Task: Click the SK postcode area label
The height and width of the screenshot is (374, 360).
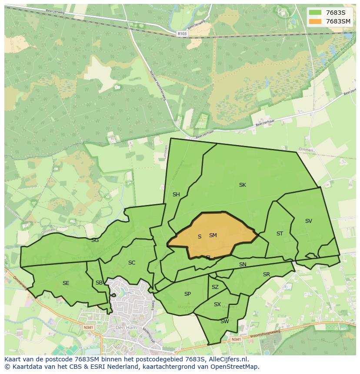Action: point(243,185)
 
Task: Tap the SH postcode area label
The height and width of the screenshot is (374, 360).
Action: point(176,195)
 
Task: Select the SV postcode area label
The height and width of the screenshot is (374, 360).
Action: point(309,221)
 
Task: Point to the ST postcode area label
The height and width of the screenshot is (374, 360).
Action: point(280,234)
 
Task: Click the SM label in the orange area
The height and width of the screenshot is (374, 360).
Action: point(213,235)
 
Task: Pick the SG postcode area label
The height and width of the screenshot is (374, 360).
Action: point(95,240)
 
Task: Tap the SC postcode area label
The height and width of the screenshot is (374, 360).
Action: point(132,263)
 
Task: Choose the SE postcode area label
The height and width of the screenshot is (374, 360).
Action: point(66,283)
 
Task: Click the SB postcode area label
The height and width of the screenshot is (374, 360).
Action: point(99,283)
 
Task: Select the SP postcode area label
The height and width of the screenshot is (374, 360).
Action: point(187,294)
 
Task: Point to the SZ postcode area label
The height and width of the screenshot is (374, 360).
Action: point(215,287)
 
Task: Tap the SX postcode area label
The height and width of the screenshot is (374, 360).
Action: point(217,304)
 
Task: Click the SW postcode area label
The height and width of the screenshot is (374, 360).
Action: point(224,321)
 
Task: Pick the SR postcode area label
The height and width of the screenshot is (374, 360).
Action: point(267,275)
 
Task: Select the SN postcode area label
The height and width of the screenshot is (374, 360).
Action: point(243,265)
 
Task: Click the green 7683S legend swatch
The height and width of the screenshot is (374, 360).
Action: point(315,13)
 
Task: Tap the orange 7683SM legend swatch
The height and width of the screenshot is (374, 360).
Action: point(315,21)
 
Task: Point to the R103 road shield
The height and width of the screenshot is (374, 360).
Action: point(182,33)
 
